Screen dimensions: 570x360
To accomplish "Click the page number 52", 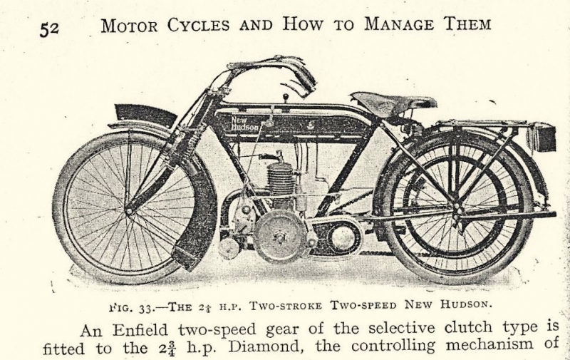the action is pyautogui.click(x=49, y=29).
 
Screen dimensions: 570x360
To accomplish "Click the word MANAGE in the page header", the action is pyautogui.click(x=399, y=24).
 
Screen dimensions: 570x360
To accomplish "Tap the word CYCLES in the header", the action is pyautogui.click(x=199, y=25).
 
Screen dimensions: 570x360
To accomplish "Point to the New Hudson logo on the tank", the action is pyautogui.click(x=245, y=123).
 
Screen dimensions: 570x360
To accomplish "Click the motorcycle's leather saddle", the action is pyautogui.click(x=393, y=103).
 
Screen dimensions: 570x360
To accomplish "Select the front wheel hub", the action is pyautogui.click(x=128, y=210).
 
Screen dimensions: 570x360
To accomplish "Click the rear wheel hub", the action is pyautogui.click(x=457, y=210).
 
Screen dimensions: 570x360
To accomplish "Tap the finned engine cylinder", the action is pyautogui.click(x=279, y=179).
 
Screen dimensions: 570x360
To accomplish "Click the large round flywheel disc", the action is pyautogui.click(x=279, y=236).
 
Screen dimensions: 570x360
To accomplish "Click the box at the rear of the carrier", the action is pyautogui.click(x=542, y=137).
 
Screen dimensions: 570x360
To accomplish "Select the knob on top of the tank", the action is pyautogui.click(x=286, y=97).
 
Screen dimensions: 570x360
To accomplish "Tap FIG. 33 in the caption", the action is pyautogui.click(x=133, y=308).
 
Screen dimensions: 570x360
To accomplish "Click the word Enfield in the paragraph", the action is pyautogui.click(x=140, y=330).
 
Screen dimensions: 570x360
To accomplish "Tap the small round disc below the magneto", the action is pyautogui.click(x=229, y=249).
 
